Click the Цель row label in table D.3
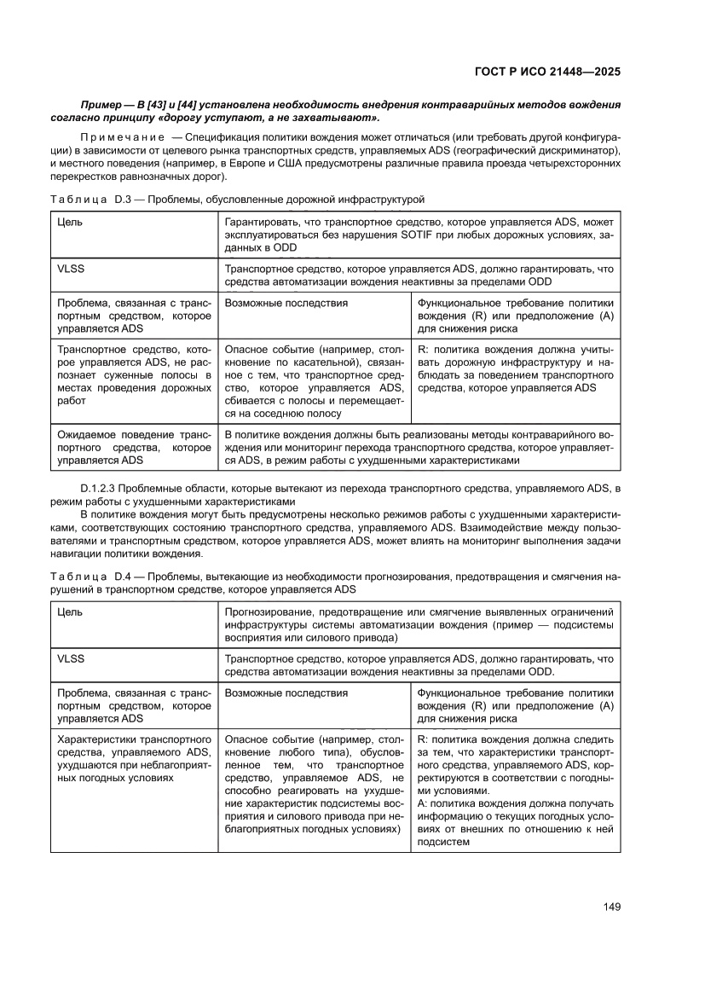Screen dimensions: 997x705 point(70,222)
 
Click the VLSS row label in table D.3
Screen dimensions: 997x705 point(71,267)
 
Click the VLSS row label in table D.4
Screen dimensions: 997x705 point(71,658)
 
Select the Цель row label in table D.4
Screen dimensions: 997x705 point(70,612)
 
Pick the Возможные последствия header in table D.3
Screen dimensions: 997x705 point(286,303)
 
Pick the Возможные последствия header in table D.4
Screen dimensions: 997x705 point(286,693)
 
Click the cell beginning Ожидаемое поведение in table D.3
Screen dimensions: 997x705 point(134,446)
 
